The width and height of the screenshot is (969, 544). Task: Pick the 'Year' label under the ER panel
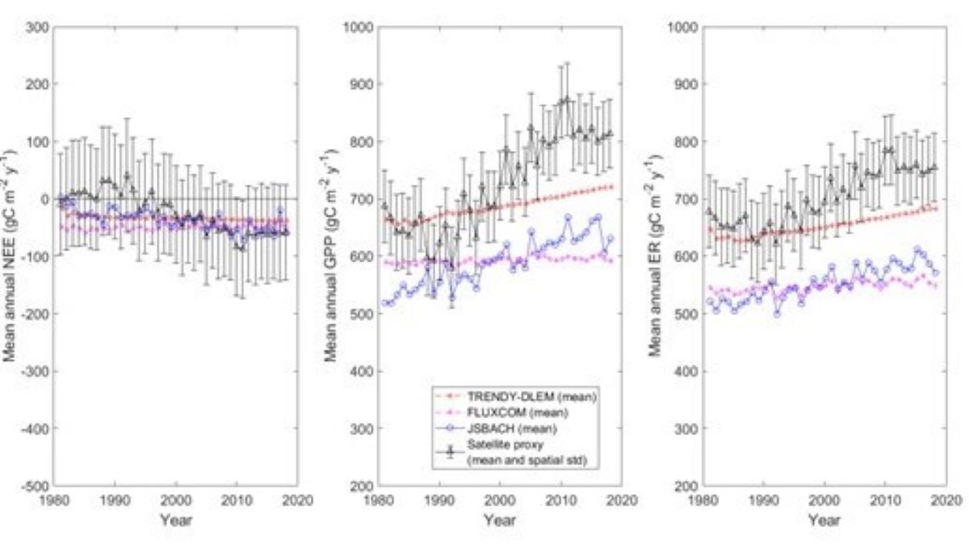click(x=824, y=521)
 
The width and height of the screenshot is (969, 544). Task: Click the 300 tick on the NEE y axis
click(x=39, y=27)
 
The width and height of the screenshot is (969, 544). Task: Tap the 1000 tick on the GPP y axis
click(x=359, y=27)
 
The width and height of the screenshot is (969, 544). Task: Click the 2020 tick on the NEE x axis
click(x=296, y=499)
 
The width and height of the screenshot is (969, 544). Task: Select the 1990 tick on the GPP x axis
click(x=439, y=499)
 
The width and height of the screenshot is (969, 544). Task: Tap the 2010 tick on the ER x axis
click(x=884, y=499)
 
